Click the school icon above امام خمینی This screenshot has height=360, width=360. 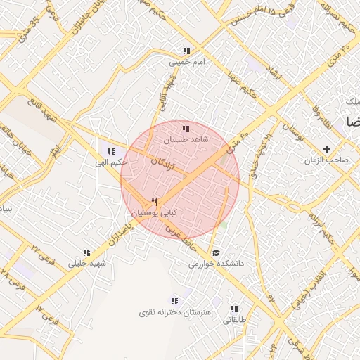click(x=186, y=51)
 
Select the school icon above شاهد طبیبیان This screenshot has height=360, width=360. click(x=186, y=129)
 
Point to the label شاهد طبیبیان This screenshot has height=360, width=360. click(x=187, y=140)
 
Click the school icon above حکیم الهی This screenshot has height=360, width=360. click(x=112, y=150)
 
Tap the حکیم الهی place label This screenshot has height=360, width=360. click(x=112, y=162)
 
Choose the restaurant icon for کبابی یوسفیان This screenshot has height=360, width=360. click(x=154, y=202)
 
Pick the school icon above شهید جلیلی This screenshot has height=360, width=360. click(x=87, y=252)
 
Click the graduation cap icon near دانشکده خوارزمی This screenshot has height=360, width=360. click(x=215, y=252)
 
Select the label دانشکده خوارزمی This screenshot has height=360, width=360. click(x=215, y=264)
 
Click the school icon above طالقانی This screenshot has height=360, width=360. click(x=235, y=309)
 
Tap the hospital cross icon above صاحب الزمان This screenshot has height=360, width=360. click(x=326, y=149)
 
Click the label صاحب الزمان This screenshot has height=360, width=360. click(x=328, y=160)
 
